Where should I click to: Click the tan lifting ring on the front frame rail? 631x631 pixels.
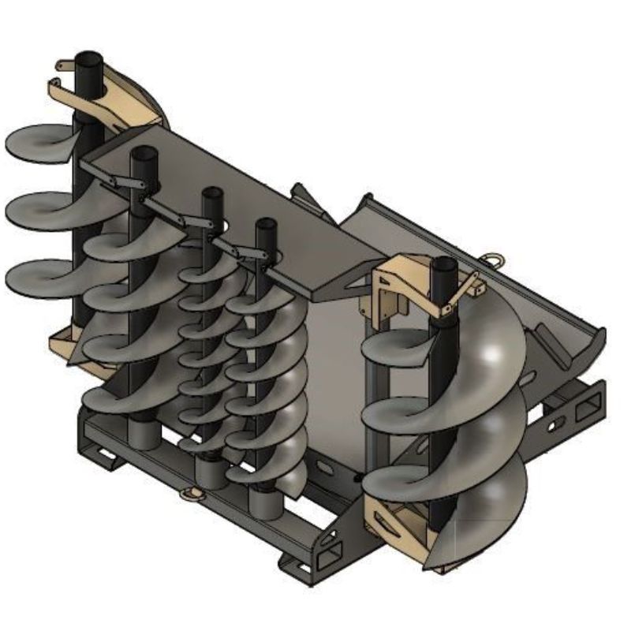[190, 495]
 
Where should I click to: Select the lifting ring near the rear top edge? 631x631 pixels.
[495, 256]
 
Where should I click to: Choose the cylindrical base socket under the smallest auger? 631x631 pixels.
[210, 472]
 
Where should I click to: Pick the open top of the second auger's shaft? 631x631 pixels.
[143, 151]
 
